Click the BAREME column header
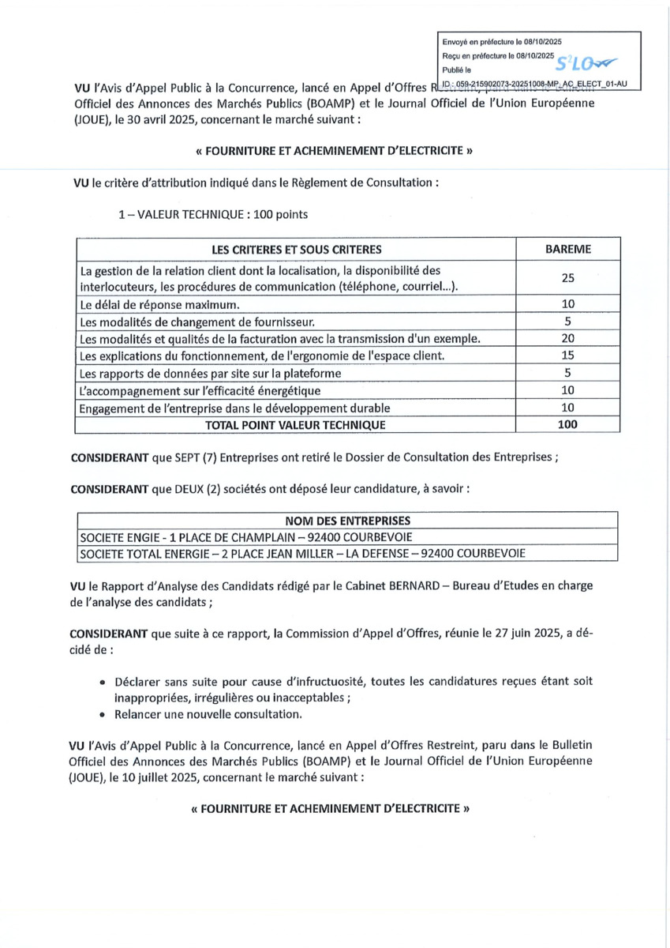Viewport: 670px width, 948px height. [567, 249]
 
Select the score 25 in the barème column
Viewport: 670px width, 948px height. [567, 278]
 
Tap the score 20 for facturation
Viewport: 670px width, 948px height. [567, 338]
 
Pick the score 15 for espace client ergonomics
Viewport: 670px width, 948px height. [567, 355]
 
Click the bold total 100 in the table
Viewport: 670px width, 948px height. [567, 424]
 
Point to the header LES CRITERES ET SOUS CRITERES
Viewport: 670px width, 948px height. [296, 249]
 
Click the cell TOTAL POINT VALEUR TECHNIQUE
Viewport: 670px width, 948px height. [296, 424]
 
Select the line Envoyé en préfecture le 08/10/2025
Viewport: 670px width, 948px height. [502, 41]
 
